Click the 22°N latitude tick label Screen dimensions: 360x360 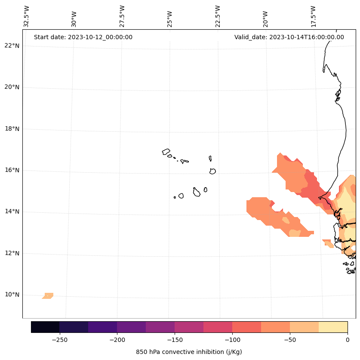12,46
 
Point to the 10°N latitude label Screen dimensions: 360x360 12,295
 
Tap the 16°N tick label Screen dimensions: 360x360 12,170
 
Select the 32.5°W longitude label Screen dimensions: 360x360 27,16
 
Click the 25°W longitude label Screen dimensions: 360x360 170,19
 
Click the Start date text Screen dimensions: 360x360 83,37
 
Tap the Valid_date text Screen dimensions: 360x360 289,37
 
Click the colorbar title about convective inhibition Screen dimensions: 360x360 189,352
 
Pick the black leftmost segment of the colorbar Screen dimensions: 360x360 45,327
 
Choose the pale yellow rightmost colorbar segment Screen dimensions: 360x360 333,327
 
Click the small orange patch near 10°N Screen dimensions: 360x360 48,296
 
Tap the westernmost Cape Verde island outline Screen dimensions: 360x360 166,152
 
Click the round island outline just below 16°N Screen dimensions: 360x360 212,171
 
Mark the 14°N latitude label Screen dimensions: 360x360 12,211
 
